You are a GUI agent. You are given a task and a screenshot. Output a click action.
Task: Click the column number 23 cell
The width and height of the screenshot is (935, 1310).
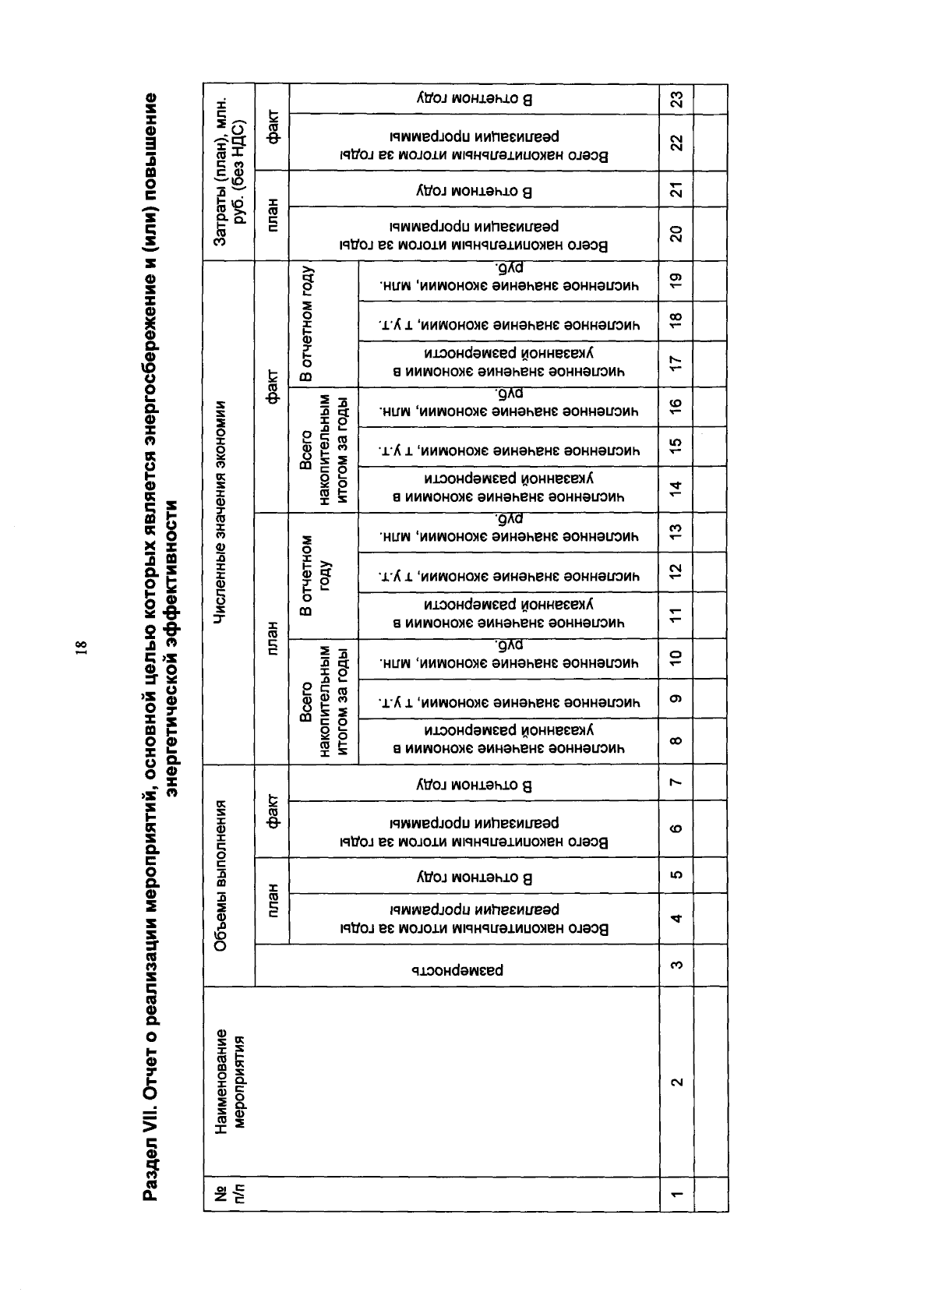pyautogui.click(x=676, y=100)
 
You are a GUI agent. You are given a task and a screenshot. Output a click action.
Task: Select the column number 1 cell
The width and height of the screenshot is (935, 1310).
pyautogui.click(x=676, y=1192)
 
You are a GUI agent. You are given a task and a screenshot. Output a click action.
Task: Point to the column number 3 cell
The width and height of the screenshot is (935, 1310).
pyautogui.click(x=676, y=966)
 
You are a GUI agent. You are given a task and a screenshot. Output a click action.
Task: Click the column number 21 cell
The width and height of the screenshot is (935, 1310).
pyautogui.click(x=676, y=189)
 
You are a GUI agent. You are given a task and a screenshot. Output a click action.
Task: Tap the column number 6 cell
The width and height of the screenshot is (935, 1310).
pyautogui.click(x=676, y=828)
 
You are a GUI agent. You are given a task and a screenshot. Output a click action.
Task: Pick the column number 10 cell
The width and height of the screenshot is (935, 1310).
pyautogui.click(x=676, y=657)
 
